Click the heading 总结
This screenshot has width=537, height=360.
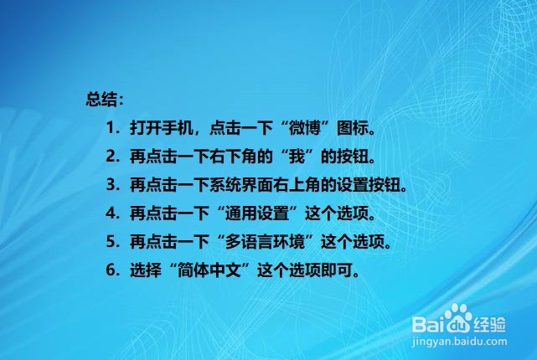click(101, 100)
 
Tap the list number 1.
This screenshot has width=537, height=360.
click(111, 128)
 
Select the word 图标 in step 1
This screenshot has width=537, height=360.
click(353, 128)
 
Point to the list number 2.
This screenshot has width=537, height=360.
click(111, 157)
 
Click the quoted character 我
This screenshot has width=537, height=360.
click(297, 157)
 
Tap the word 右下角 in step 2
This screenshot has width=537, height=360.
click(233, 157)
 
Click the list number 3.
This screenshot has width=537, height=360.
click(111, 185)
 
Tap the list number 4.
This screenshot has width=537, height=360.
click(111, 213)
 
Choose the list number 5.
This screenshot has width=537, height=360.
click(111, 242)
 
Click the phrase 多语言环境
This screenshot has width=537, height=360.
click(265, 242)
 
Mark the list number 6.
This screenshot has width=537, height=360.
click(111, 270)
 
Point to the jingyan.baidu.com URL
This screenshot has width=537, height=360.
click(459, 342)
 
